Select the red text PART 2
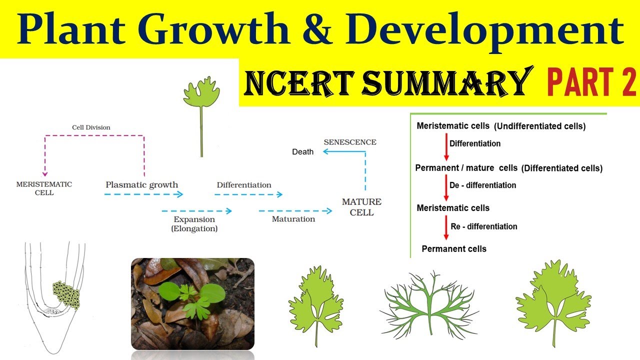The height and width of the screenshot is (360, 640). tap(591, 82)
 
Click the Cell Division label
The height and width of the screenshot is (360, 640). tap(91, 127)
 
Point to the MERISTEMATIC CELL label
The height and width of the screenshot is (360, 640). tap(44, 188)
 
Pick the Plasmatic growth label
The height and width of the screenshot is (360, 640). tap(141, 185)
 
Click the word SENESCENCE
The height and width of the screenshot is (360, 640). tap(350, 142)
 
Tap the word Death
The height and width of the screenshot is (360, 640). tap(302, 152)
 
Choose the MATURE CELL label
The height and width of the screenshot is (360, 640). tap(361, 207)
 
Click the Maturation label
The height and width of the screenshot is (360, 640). tap(293, 219)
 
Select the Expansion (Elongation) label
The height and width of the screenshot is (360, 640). tap(194, 224)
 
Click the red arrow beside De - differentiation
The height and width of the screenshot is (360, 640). tap(445, 189)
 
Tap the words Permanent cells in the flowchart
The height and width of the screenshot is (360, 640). tap(454, 248)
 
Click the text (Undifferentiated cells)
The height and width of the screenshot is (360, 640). tap(539, 126)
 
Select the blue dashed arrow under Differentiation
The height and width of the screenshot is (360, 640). tap(248, 194)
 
